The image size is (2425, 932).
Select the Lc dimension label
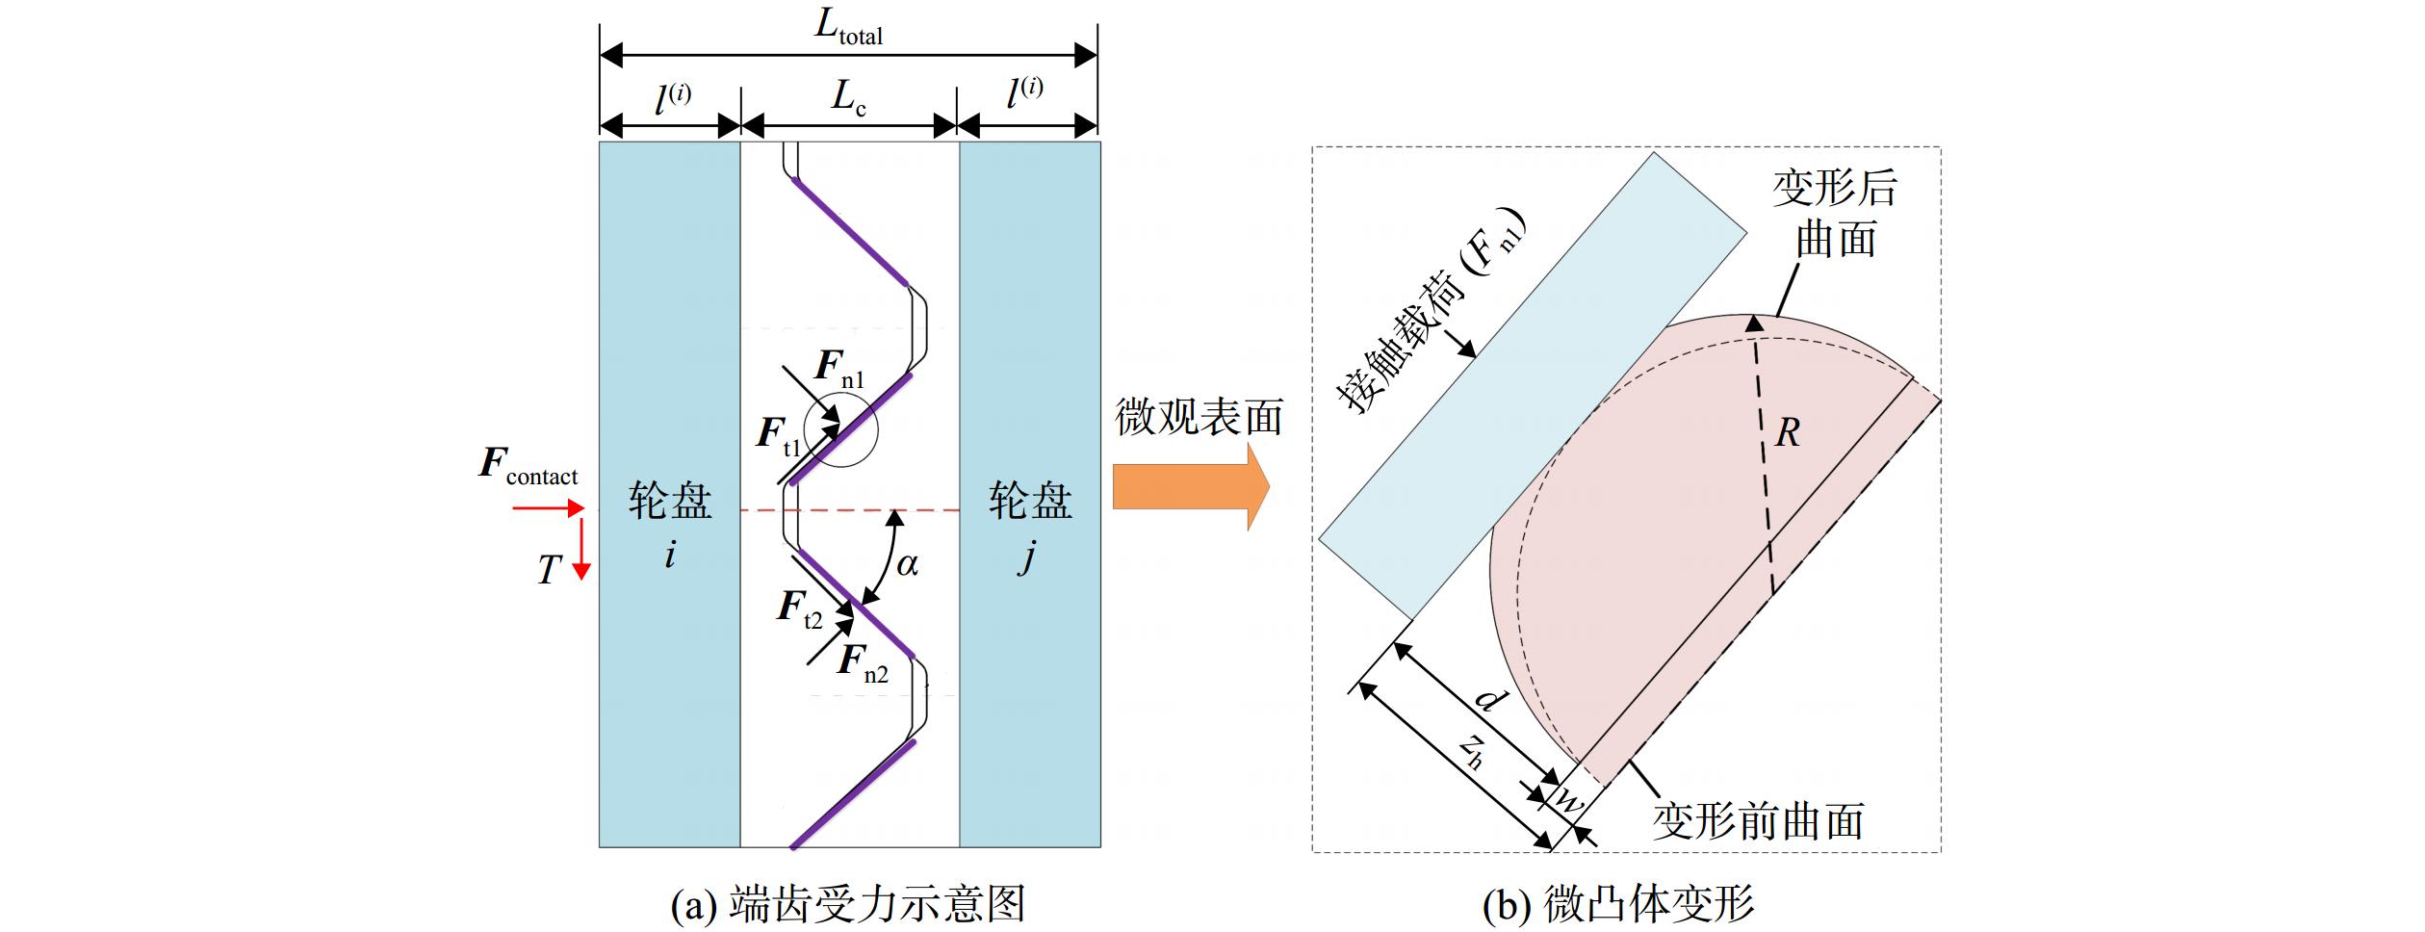pos(848,98)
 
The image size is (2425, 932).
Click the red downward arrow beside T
pos(580,550)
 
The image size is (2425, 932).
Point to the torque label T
pos(548,570)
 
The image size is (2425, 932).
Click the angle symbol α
pos(907,564)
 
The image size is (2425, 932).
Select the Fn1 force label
pos(839,368)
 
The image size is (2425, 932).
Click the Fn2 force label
pos(863,663)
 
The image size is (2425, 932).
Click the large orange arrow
pos(1191,486)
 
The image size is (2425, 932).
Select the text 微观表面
pos(1199,418)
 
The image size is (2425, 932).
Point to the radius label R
pos(1787,433)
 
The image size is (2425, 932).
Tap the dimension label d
pos(1489,697)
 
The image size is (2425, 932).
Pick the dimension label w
pos(1568,802)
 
